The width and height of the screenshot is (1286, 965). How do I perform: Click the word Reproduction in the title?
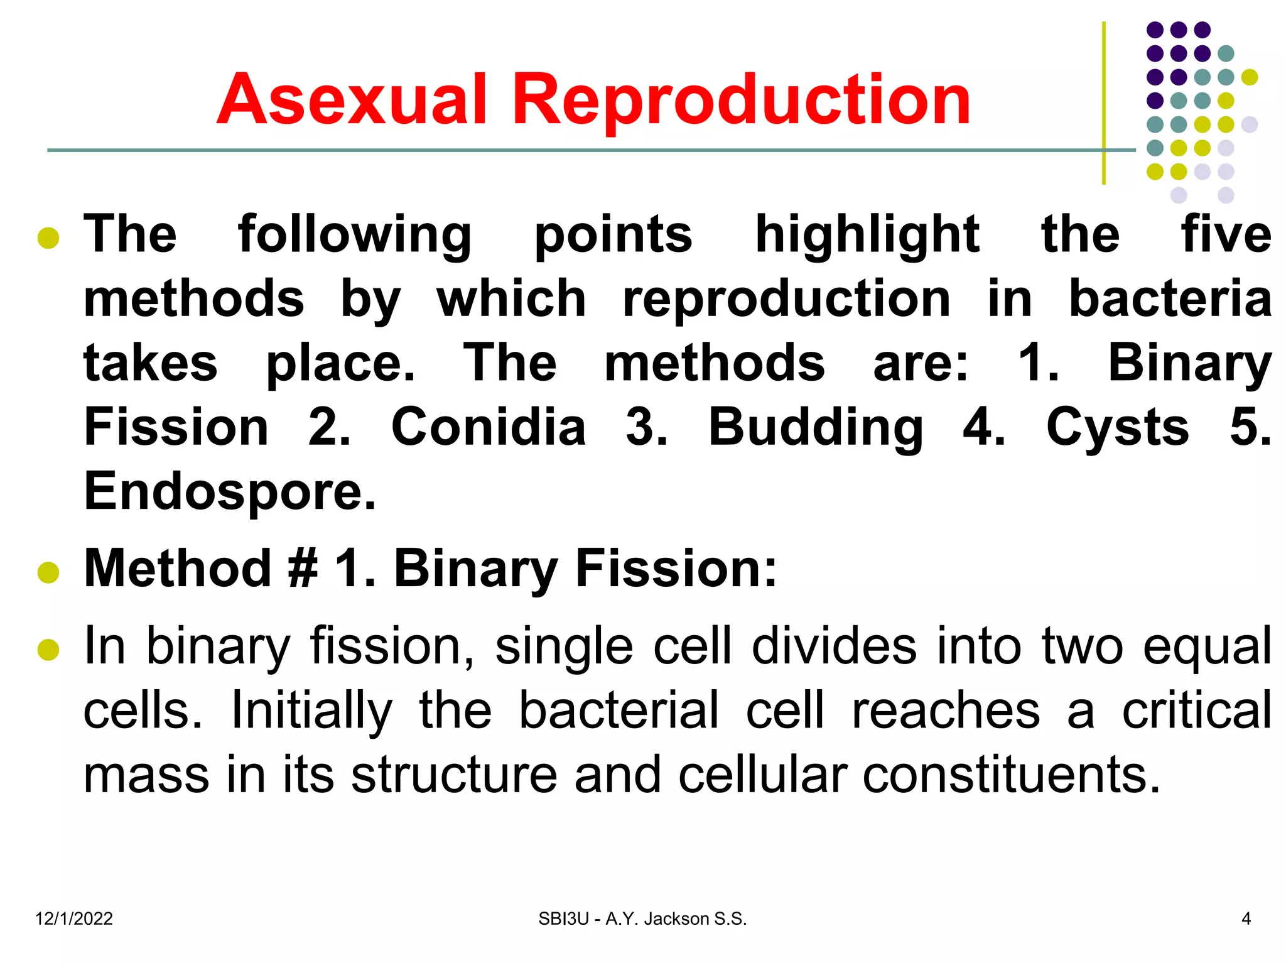click(x=741, y=101)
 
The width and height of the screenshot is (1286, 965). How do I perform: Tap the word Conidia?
click(x=489, y=427)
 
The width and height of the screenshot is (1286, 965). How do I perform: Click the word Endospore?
click(x=230, y=492)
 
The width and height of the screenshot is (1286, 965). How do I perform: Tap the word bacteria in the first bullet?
click(x=1170, y=298)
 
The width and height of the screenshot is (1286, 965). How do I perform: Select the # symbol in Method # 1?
click(x=303, y=569)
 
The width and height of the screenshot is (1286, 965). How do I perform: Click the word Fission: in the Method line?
click(x=676, y=569)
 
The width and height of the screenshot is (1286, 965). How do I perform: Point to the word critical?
click(x=1196, y=710)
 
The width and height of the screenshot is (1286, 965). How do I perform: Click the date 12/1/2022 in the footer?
click(x=74, y=919)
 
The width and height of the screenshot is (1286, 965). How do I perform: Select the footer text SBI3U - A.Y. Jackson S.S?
click(x=642, y=919)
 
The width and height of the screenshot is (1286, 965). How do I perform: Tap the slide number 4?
click(x=1246, y=919)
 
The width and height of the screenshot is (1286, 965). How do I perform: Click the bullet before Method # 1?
click(x=48, y=572)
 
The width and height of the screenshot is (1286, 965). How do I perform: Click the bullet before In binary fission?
click(x=48, y=650)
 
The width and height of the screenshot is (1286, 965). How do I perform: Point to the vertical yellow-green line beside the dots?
click(x=1103, y=104)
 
